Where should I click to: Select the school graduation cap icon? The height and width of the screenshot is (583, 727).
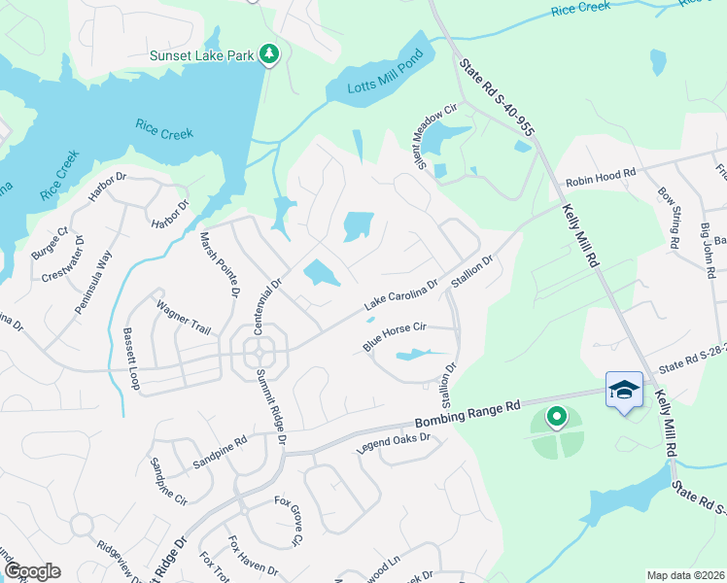(x=623, y=390)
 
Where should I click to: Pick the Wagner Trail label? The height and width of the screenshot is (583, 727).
(x=184, y=318)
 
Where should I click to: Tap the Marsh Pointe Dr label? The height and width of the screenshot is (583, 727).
(x=219, y=263)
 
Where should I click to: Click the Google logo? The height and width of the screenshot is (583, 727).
(x=31, y=571)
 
